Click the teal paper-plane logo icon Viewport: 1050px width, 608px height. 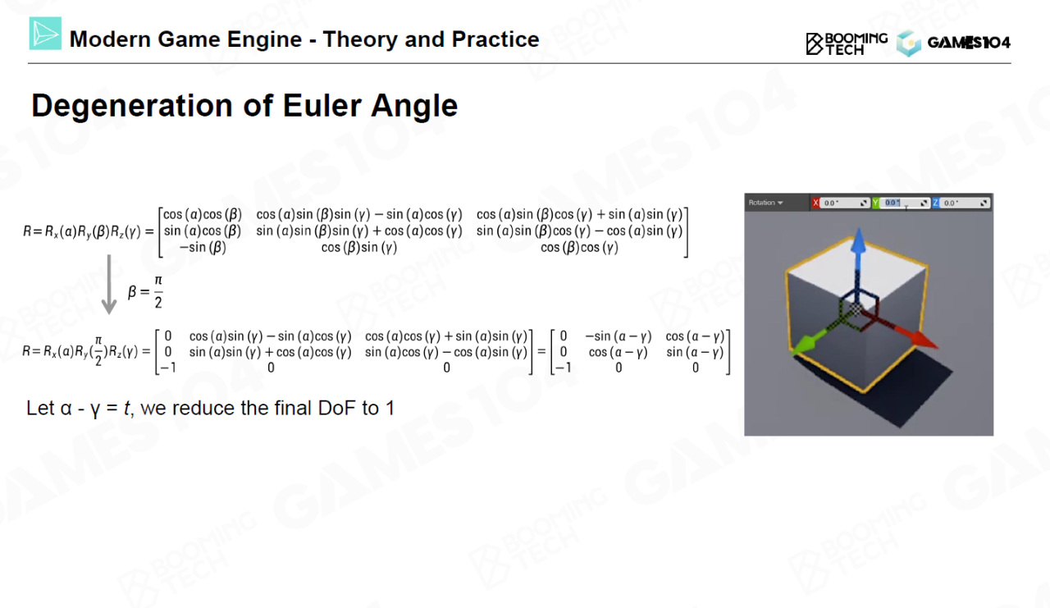coord(45,34)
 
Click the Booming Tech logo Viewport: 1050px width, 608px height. coord(847,43)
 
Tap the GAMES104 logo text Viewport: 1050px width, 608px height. coord(969,43)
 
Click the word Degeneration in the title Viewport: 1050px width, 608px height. coord(132,106)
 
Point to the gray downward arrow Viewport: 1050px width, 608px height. coord(109,284)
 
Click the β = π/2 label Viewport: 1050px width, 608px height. coord(145,291)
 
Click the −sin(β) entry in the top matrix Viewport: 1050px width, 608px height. coord(203,247)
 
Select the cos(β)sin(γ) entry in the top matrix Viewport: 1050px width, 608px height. coord(359,247)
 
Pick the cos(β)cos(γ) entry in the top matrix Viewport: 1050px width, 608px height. coord(579,247)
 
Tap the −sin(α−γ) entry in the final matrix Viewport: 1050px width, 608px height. coord(619,336)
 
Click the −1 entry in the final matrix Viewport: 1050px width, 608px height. coord(563,368)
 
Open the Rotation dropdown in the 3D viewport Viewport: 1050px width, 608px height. coord(766,203)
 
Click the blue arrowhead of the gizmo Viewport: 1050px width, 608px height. coord(859,242)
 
